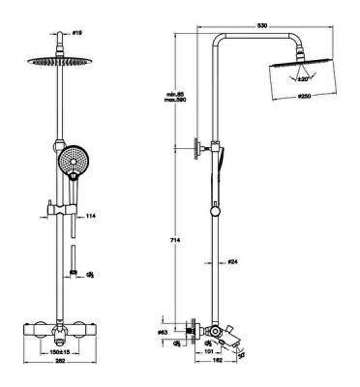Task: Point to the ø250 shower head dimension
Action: pos(304,100)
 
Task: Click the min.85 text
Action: pos(175,94)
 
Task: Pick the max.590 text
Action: pos(175,102)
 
